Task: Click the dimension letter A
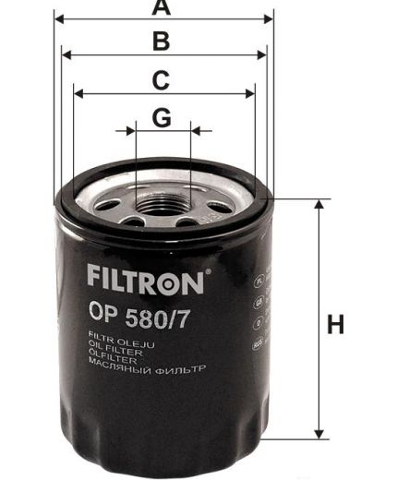pos(162,8)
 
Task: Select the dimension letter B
pos(162,42)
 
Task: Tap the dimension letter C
pos(161,80)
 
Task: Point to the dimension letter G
pos(162,118)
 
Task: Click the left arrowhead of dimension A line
pos(60,18)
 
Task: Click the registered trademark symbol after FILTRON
pos(210,270)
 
